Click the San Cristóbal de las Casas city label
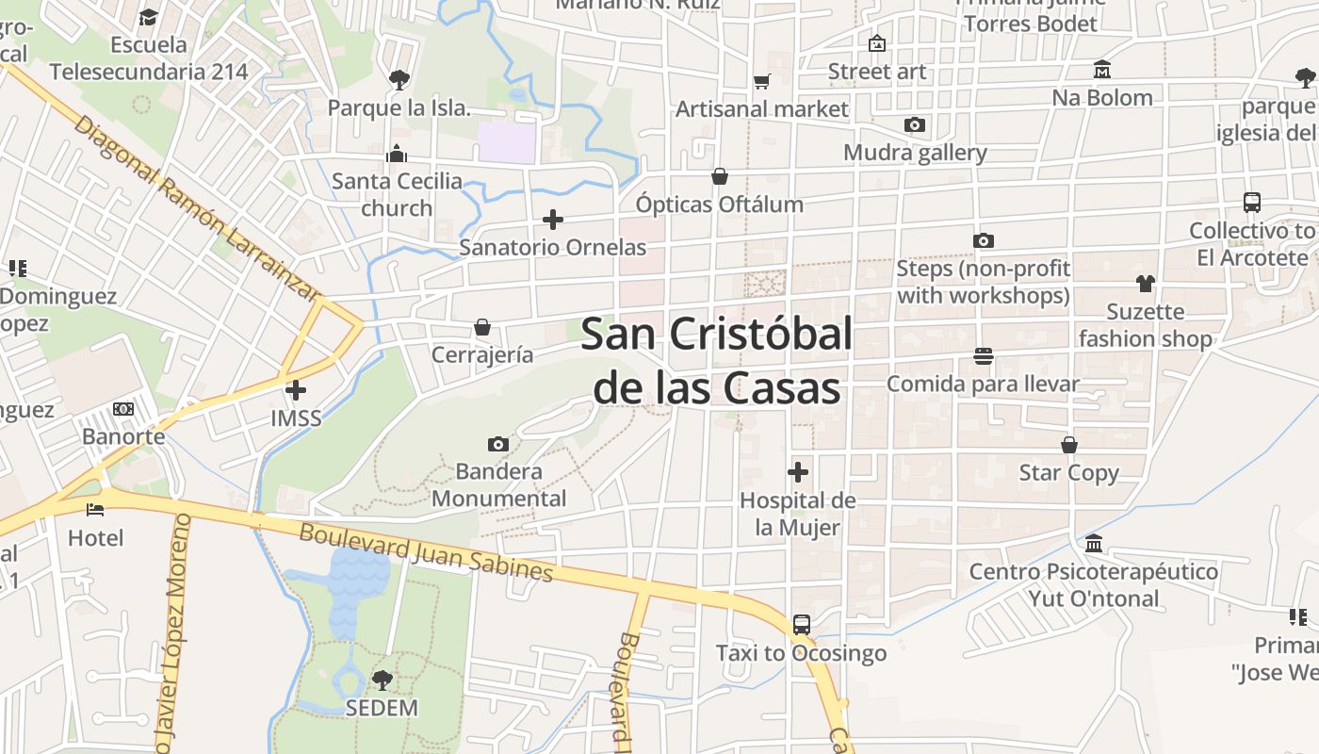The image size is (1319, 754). (x=716, y=360)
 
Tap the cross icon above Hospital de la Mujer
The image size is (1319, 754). (x=798, y=471)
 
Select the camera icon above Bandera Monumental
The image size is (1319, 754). (x=498, y=444)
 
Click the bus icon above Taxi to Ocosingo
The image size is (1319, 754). (x=801, y=625)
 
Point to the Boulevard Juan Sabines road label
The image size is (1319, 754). (x=426, y=552)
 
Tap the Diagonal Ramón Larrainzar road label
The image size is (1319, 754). (x=194, y=208)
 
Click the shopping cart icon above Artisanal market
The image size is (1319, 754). (x=762, y=82)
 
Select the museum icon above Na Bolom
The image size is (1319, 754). (x=1102, y=70)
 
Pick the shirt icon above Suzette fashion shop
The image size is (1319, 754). (x=1145, y=283)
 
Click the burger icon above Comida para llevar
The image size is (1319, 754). (x=983, y=356)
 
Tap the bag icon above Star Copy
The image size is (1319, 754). (x=1069, y=445)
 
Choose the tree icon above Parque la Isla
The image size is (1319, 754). (x=399, y=80)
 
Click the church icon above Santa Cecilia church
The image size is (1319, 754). (x=397, y=154)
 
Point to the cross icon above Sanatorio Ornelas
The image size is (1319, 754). (x=553, y=220)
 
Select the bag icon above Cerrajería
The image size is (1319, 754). (x=482, y=327)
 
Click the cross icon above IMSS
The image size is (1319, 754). (x=296, y=389)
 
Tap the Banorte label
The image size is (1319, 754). (x=123, y=436)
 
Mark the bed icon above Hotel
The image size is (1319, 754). (x=95, y=510)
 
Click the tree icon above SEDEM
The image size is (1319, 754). (x=382, y=680)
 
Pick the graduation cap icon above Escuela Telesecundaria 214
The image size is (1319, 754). (x=148, y=17)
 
